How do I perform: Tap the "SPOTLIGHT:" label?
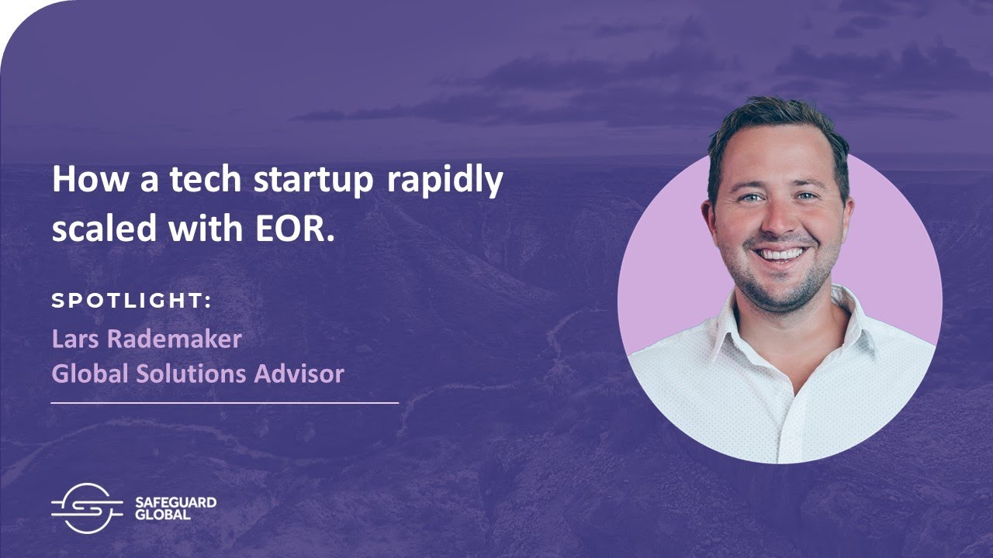131,301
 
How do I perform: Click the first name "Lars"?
75,339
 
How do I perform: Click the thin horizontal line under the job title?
224,403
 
